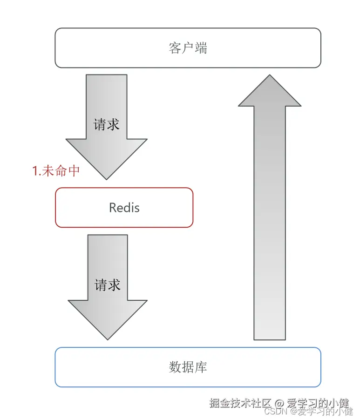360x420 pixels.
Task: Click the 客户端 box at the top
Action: pos(188,48)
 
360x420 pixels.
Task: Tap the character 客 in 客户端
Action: pos(175,48)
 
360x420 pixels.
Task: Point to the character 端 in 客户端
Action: pos(201,48)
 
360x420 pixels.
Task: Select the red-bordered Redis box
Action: pos(124,207)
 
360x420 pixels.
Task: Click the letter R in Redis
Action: pos(113,208)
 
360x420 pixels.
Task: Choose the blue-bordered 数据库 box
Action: pos(188,367)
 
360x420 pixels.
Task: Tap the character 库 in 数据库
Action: pos(201,367)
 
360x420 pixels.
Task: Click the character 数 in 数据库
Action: pos(175,367)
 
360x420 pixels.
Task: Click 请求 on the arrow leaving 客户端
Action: pos(107,124)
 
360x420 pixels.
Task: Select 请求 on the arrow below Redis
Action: pos(108,285)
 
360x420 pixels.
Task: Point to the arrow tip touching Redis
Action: pos(107,178)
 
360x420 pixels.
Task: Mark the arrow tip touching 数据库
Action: pos(108,339)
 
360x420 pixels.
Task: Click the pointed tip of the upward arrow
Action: pos(270,76)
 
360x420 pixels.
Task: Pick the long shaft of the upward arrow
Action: pos(270,224)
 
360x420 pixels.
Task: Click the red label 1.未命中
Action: pos(56,171)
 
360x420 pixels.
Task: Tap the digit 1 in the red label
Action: pos(35,171)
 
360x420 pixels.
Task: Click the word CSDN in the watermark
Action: pos(274,411)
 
